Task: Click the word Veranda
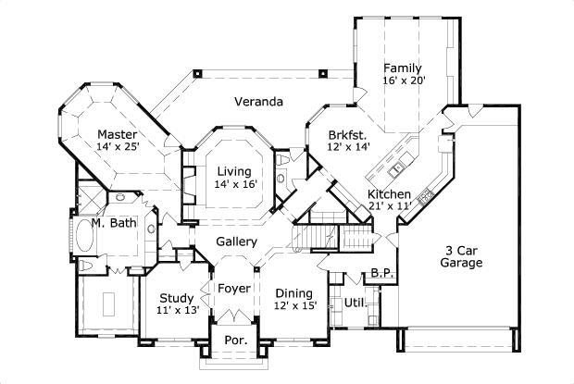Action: coord(258,101)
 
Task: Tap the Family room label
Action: coord(403,68)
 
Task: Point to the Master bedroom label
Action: coord(118,133)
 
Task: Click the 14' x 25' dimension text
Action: coord(118,146)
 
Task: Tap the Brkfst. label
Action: coord(349,133)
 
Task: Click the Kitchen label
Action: coord(390,193)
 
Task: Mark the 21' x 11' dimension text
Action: coord(390,205)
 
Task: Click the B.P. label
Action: coord(382,272)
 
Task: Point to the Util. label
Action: coord(355,303)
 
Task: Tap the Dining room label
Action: coord(295,291)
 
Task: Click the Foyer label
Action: coord(233,289)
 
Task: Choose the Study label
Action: coord(176,298)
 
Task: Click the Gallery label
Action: coord(236,242)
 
